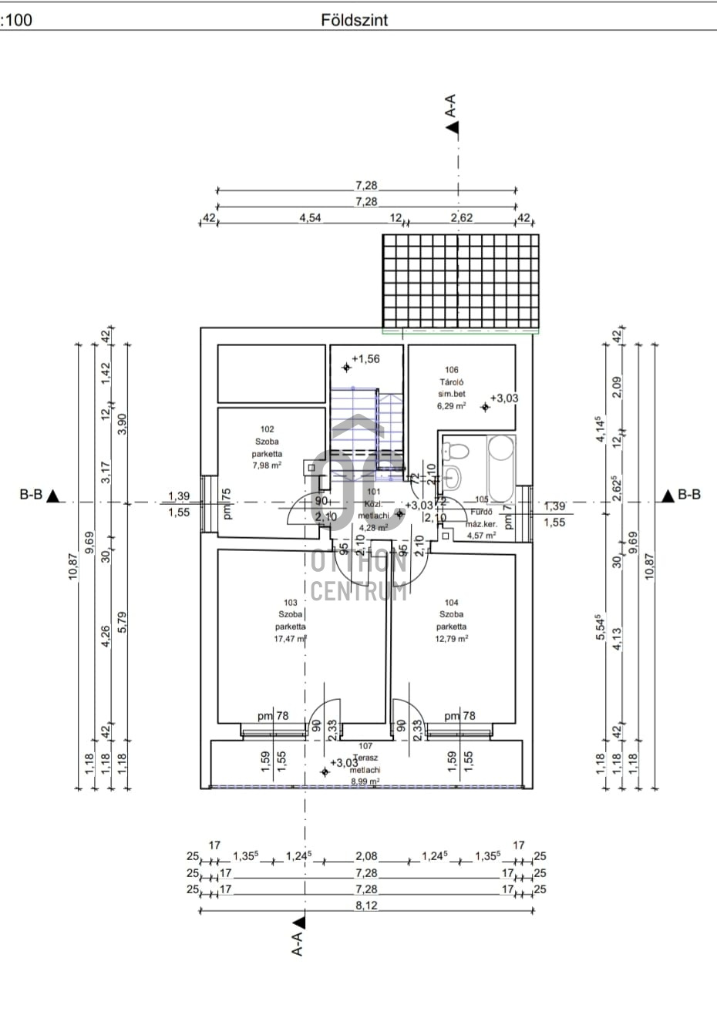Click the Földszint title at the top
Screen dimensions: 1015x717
click(x=354, y=20)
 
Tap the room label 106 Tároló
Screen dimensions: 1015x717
click(x=451, y=375)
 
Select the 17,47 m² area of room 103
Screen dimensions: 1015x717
click(x=290, y=639)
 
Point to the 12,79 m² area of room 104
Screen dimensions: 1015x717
click(x=452, y=639)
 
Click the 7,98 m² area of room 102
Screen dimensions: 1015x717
click(x=267, y=465)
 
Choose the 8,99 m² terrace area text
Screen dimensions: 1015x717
click(x=365, y=781)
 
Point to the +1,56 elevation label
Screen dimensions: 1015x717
click(x=365, y=358)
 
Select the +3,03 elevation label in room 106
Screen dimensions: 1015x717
click(x=503, y=398)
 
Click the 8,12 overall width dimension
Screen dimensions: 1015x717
click(x=366, y=906)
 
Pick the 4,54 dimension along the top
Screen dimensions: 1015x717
click(x=310, y=218)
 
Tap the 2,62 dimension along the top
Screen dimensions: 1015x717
click(x=461, y=218)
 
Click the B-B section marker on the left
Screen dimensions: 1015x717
click(x=39, y=495)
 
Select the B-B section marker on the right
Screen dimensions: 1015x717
click(x=680, y=495)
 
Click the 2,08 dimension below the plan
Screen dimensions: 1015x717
click(x=366, y=856)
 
